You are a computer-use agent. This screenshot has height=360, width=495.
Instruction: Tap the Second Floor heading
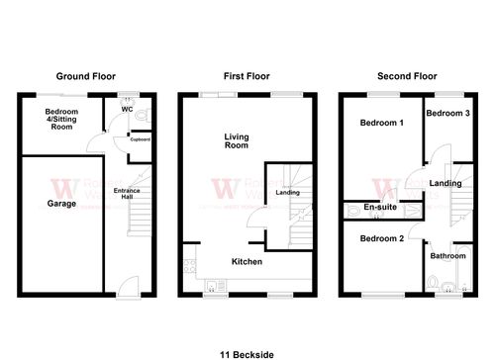click(408, 76)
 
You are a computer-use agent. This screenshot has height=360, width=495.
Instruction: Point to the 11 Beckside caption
click(247, 351)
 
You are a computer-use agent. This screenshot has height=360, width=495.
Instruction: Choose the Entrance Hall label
click(126, 194)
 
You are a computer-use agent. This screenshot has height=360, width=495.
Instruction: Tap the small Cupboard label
click(140, 139)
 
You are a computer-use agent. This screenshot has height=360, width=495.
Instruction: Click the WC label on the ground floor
click(128, 109)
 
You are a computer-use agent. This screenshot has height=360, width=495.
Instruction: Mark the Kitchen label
click(246, 261)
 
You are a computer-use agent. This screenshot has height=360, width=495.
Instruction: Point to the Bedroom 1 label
click(381, 123)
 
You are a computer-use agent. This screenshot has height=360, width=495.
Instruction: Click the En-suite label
click(380, 209)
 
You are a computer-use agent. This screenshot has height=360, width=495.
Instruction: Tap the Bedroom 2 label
click(381, 238)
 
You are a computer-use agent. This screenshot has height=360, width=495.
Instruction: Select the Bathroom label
click(447, 256)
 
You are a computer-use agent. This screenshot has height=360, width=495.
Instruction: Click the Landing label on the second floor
click(445, 182)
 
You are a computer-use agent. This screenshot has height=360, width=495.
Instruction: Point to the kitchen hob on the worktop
click(187, 265)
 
